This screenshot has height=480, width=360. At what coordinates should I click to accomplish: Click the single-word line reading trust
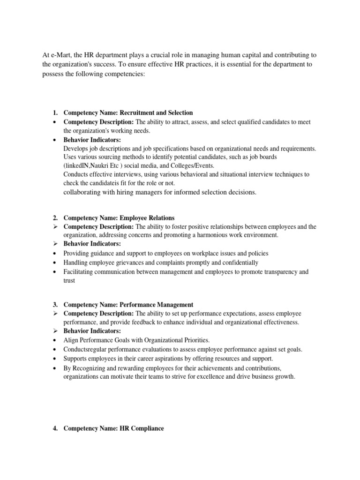coord(69,281)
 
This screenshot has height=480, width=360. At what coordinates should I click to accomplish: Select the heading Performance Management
coord(156,305)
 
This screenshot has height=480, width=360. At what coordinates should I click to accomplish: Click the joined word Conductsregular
coord(86,349)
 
